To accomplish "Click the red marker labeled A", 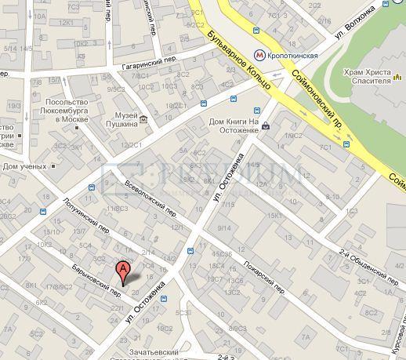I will pos(123,273).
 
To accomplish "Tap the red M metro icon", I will pos(260,56).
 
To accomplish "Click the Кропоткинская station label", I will pos(295,56).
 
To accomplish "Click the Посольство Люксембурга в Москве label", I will pos(67,114).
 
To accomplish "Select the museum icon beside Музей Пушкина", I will pos(143,119).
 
